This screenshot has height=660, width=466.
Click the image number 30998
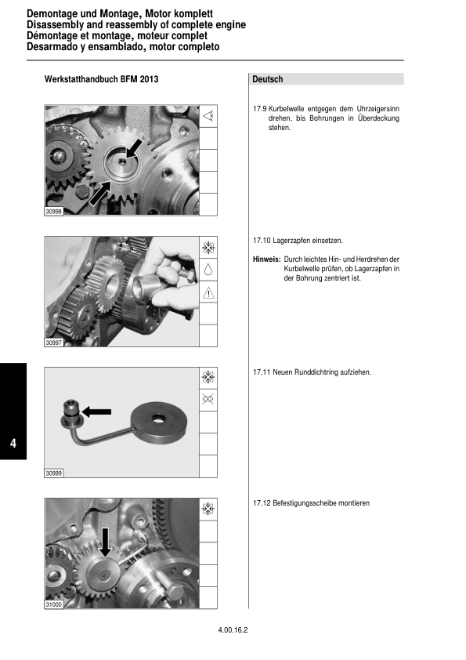click(x=54, y=212)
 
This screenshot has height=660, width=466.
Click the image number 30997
click(x=54, y=343)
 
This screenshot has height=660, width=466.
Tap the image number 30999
click(x=54, y=473)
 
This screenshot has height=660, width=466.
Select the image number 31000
click(x=54, y=605)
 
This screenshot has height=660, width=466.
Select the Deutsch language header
click(x=268, y=79)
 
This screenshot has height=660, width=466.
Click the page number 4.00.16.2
click(x=233, y=629)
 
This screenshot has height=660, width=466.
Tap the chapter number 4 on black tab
click(x=13, y=444)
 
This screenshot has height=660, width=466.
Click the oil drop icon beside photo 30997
click(x=208, y=270)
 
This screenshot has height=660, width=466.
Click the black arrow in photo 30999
click(x=97, y=411)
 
